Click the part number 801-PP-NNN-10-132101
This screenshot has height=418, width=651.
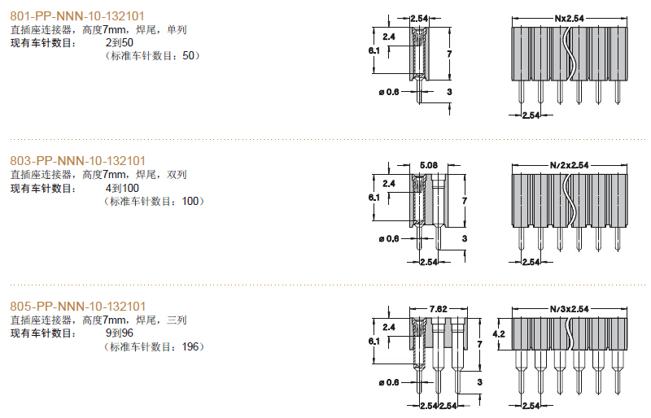point(77,16)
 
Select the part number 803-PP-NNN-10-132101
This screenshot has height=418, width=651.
point(77,161)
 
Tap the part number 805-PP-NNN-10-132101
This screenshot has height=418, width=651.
point(77,307)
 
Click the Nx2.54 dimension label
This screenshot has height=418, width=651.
point(569,19)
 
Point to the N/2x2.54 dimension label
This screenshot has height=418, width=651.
point(569,165)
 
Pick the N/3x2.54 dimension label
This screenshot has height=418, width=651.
point(569,309)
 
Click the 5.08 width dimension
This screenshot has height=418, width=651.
point(429,165)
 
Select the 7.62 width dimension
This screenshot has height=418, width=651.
point(439,309)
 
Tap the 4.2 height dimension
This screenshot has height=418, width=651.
point(499,333)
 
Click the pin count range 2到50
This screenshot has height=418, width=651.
point(120,43)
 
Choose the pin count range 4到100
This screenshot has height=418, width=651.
point(122,188)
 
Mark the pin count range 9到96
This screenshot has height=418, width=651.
point(120,333)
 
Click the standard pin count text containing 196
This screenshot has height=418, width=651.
point(154,346)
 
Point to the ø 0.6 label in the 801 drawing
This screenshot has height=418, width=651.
point(389,92)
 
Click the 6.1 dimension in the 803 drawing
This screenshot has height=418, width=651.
point(374,197)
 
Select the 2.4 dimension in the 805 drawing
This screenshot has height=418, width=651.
point(389,327)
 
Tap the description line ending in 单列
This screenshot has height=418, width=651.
point(98,30)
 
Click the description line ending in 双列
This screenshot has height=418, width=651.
point(98,175)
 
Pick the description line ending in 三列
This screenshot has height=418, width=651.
point(98,320)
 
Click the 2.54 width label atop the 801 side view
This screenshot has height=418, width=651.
point(419,19)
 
